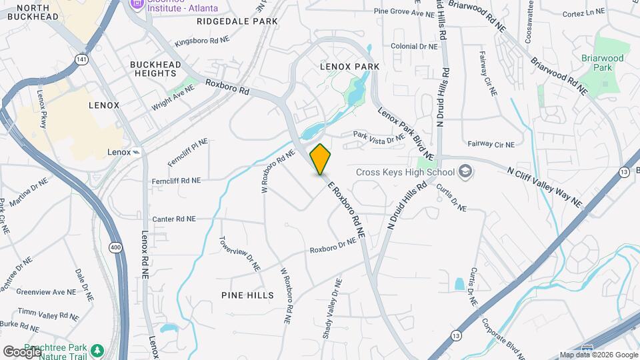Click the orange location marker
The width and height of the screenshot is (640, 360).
click(x=321, y=158)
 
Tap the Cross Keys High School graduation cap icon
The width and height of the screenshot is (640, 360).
click(x=465, y=172)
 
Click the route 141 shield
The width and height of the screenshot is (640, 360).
click(x=81, y=59)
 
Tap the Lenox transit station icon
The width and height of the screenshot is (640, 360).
click(x=137, y=152)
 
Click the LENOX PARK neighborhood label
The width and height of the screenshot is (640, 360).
click(x=349, y=67)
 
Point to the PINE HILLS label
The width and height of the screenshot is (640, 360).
click(x=247, y=295)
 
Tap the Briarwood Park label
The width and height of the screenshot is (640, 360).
click(x=602, y=63)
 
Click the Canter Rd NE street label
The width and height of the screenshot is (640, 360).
click(x=173, y=219)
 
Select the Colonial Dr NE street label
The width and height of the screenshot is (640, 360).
click(x=414, y=47)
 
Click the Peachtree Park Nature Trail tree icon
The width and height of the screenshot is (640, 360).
click(x=97, y=349)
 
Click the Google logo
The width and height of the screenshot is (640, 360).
click(x=22, y=351)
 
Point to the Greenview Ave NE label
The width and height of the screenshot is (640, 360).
click(x=46, y=292)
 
